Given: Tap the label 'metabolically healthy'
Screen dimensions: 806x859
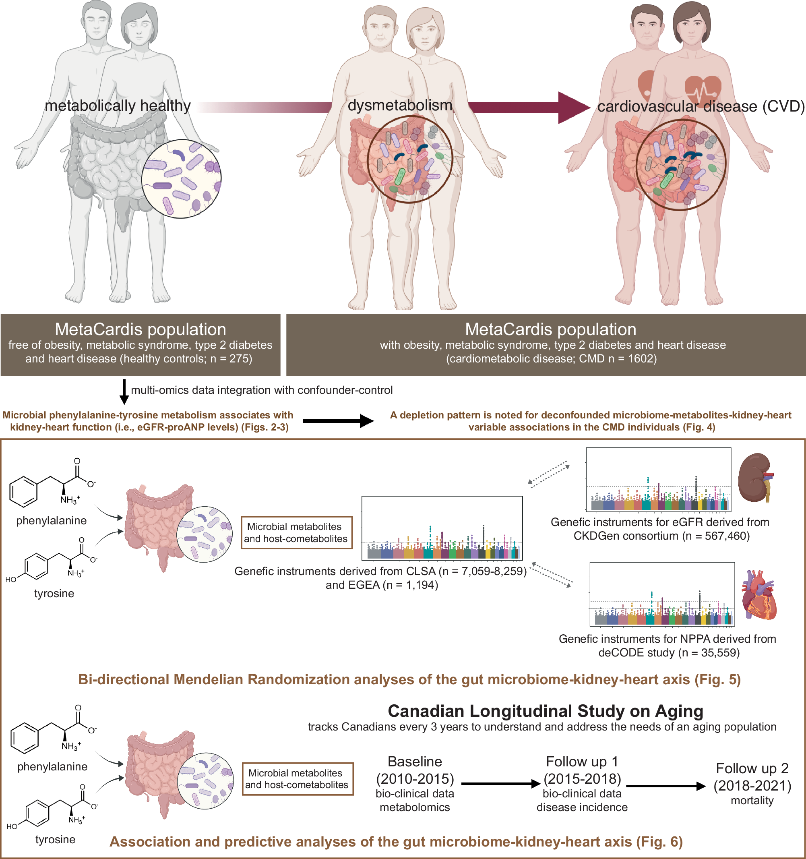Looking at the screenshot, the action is tap(118, 106).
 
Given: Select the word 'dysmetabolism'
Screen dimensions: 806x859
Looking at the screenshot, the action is tap(400, 105).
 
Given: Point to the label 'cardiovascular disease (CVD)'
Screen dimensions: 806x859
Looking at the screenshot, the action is tap(701, 106).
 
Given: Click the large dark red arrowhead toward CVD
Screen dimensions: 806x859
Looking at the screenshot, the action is tap(574, 108).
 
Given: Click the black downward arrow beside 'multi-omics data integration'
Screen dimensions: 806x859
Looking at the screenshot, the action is tap(124, 391).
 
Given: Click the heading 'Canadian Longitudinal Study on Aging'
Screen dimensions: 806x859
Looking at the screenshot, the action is tap(546, 711).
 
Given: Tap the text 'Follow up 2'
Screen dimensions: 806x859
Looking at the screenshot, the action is tap(752, 768).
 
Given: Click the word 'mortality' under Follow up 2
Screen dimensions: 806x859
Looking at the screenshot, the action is tap(752, 801).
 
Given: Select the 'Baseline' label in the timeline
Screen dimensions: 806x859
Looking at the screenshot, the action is tap(415, 762).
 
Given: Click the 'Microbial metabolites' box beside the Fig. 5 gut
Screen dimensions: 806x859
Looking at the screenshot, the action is tap(296, 532).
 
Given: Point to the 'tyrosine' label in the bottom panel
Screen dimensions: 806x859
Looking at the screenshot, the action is tap(55, 840).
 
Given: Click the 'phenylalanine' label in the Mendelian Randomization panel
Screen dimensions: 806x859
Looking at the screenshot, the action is tap(52, 521).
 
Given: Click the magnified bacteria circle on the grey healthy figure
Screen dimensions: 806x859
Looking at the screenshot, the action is tap(182, 178).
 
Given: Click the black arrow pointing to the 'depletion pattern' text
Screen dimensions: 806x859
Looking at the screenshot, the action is tap(338, 420).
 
